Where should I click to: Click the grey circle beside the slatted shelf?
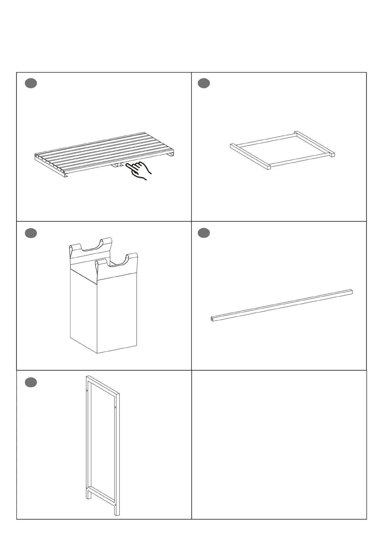31,83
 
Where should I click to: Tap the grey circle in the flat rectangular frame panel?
204,83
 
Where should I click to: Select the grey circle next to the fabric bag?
31,233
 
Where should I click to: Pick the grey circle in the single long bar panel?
204,233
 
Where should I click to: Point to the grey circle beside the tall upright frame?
31,382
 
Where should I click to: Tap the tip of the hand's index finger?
127,165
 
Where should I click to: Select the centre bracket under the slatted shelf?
117,165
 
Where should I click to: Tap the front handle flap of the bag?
116,263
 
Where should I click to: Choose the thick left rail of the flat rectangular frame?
250,156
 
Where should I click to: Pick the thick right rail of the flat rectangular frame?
315,143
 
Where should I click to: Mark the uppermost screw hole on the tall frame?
87,391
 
